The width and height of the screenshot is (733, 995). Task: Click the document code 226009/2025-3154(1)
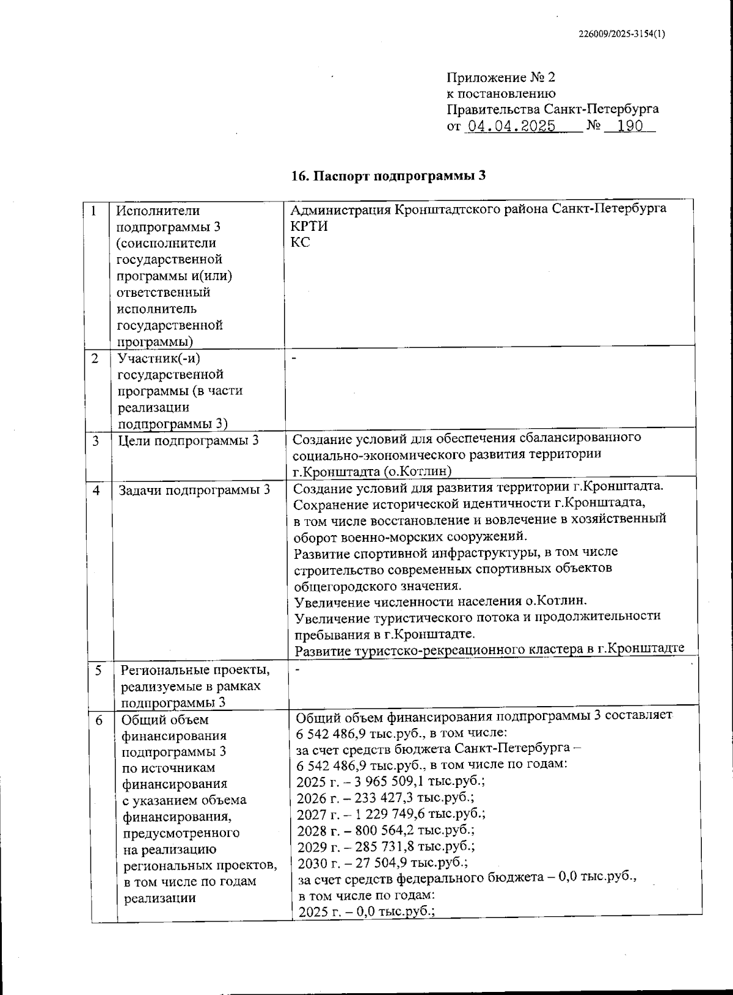tap(621, 34)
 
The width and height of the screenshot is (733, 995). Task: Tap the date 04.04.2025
tap(511, 126)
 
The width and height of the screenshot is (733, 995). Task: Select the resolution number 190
tap(630, 126)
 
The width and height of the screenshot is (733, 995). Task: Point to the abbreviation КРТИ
tap(309, 226)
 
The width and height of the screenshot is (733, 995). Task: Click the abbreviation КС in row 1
tap(301, 242)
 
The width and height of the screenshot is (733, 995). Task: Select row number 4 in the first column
tap(97, 490)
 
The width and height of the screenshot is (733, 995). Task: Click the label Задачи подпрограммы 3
tap(194, 490)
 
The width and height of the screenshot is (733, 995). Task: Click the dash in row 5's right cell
tap(297, 669)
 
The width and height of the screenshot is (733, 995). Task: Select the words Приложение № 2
tap(501, 78)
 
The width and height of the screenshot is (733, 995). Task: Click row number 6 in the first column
tap(100, 720)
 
